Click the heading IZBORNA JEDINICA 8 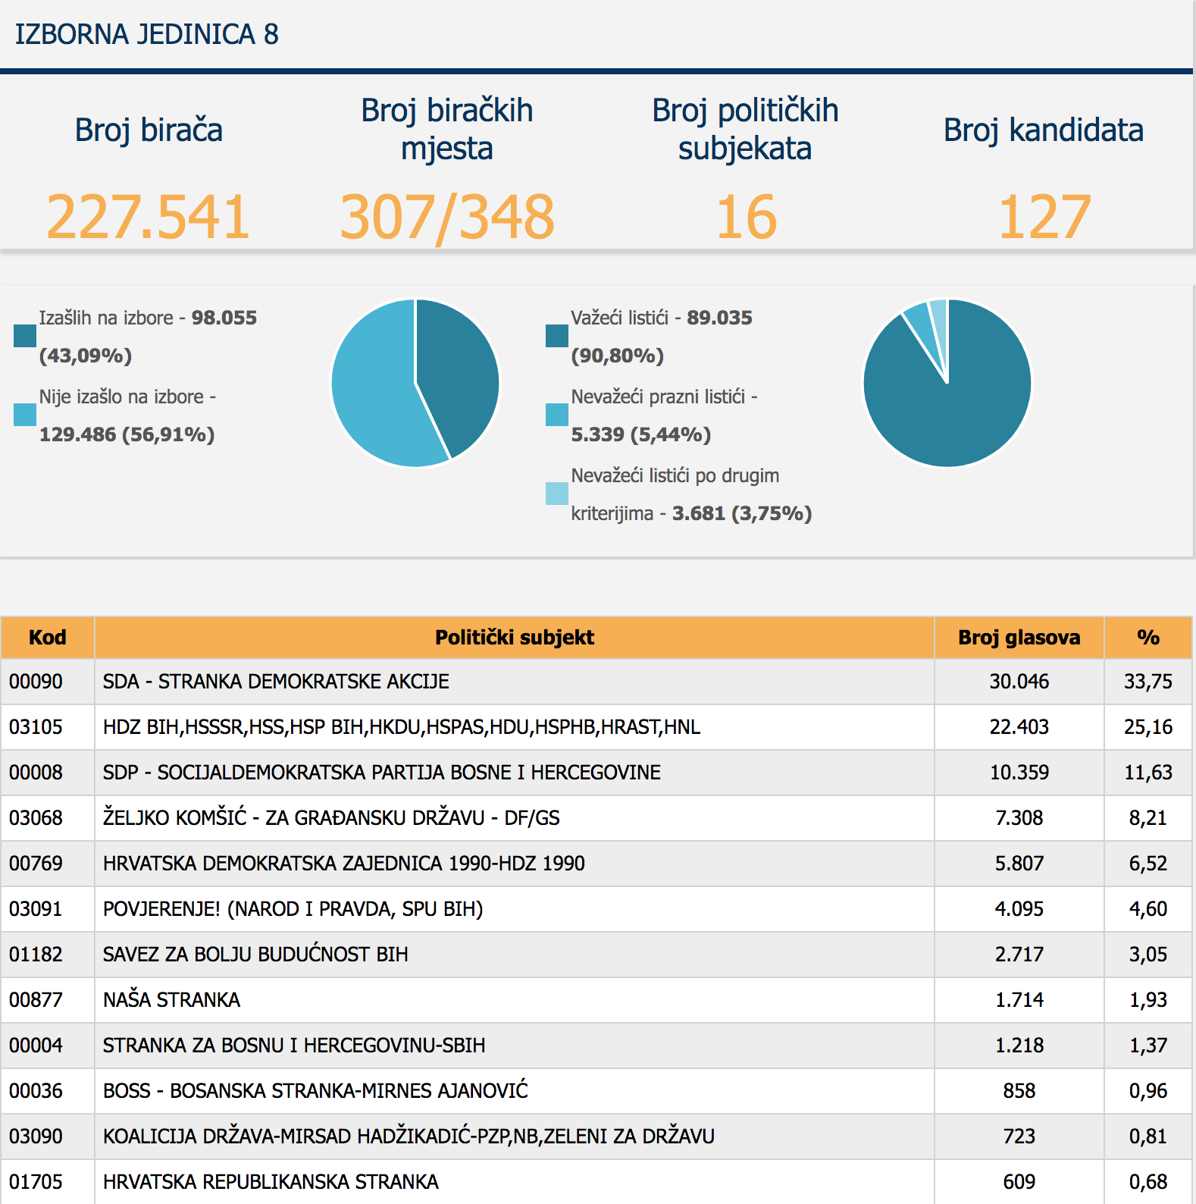click(147, 35)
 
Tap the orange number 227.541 click(149, 218)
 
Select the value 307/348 click(447, 218)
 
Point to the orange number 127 click(1044, 218)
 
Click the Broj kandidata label click(1043, 130)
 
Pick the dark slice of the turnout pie click(459, 372)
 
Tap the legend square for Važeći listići click(557, 336)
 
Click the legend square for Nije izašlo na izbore click(25, 415)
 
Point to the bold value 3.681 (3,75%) click(741, 514)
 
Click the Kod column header click(47, 638)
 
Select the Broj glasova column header click(1019, 638)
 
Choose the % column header click(1147, 638)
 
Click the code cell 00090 click(36, 682)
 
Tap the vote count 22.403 click(1019, 727)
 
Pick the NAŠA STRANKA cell click(172, 1000)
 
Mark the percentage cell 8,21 click(1147, 818)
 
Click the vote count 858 click(1019, 1091)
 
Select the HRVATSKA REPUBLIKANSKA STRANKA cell click(271, 1182)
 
